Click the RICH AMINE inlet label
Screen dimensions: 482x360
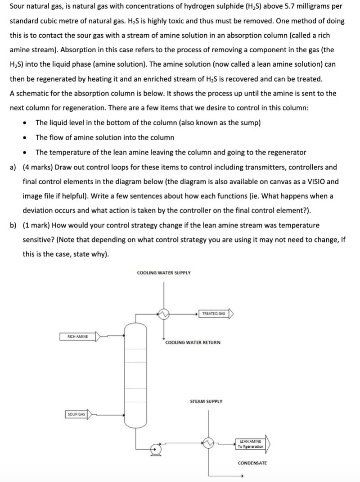(x=78, y=336)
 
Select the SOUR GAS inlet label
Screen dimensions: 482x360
(x=76, y=414)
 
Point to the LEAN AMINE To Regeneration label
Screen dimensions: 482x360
(x=250, y=444)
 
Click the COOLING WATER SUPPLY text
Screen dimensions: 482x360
(x=164, y=273)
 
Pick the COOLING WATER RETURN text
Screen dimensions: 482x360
(x=193, y=342)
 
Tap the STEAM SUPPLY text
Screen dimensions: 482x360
(x=206, y=400)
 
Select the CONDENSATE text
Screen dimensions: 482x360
(x=252, y=463)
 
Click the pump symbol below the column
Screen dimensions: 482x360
(x=156, y=449)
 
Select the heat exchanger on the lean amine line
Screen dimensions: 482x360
(x=208, y=443)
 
